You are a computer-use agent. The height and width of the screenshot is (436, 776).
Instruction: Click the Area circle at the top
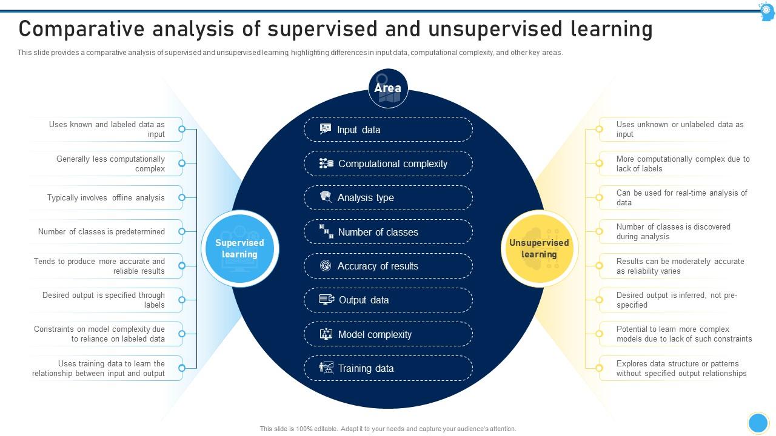click(388, 88)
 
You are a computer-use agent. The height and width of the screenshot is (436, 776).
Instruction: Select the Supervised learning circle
click(239, 248)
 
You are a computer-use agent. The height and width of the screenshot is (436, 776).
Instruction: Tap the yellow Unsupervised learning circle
click(539, 248)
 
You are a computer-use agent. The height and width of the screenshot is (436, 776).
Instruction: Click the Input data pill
click(388, 130)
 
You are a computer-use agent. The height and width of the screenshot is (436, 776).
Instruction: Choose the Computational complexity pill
click(388, 163)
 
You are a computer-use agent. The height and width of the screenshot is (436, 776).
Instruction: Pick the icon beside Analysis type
click(326, 197)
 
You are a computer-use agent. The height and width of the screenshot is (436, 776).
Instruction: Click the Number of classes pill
click(388, 232)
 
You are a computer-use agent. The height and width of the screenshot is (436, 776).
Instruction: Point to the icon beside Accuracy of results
click(326, 265)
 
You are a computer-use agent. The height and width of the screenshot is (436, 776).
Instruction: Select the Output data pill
click(388, 300)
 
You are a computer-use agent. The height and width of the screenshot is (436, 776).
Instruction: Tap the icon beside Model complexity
click(326, 334)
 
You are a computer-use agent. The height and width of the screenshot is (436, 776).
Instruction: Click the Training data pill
click(388, 368)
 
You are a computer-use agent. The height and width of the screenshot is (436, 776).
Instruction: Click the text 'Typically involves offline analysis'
click(106, 197)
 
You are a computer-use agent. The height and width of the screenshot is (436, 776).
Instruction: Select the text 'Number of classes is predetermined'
click(101, 231)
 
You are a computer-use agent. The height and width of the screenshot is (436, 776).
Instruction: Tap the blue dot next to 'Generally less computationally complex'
click(182, 163)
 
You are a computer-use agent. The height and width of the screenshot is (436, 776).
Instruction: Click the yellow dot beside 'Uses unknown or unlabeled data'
click(599, 129)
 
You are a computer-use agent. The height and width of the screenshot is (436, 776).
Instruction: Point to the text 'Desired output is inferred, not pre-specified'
click(677, 300)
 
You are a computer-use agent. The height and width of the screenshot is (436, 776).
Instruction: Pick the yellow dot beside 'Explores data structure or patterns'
click(599, 368)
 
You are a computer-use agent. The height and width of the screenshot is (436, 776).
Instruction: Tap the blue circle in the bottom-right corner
click(758, 423)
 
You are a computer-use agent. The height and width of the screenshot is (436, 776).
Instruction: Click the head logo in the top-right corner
click(767, 11)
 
